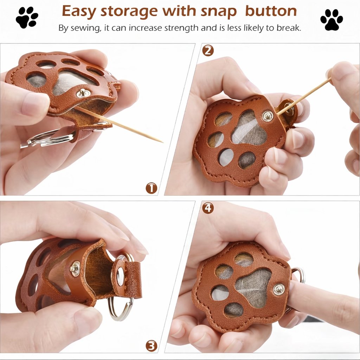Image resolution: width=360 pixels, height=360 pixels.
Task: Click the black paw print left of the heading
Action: pyautogui.click(x=27, y=18)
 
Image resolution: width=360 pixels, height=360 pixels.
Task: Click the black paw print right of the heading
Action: pyautogui.click(x=332, y=20)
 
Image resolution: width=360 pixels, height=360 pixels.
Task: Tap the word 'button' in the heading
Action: pyautogui.click(x=271, y=11)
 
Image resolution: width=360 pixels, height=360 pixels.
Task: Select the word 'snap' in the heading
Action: pyautogui.click(x=218, y=12)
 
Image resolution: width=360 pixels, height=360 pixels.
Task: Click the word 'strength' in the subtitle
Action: pyautogui.click(x=182, y=28)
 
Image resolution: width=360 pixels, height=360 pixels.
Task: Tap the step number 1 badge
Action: pyautogui.click(x=152, y=188)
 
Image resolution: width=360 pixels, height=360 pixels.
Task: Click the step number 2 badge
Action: pyautogui.click(x=208, y=51)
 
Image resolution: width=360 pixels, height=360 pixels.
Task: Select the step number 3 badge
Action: pyautogui.click(x=152, y=346)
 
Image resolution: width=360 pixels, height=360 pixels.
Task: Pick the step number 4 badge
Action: pyautogui.click(x=208, y=208)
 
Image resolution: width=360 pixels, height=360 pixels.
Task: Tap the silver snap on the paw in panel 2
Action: pyautogui.click(x=268, y=116)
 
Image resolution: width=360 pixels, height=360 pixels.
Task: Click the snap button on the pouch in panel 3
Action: pyautogui.click(x=75, y=268)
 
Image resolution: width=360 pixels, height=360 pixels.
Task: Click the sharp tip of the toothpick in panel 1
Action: pyautogui.click(x=162, y=142)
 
